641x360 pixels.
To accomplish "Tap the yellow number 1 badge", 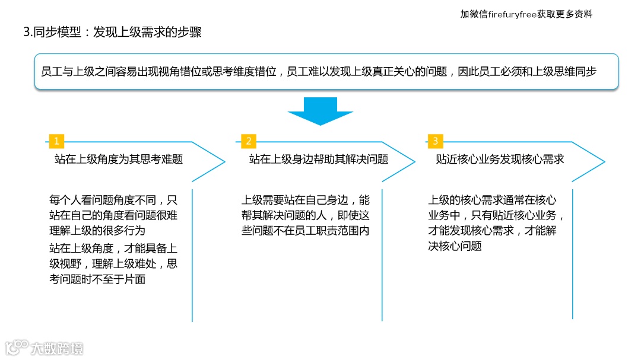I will pos(56,141).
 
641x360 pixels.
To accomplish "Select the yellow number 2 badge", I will pos(249,141).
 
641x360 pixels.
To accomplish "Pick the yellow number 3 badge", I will pos(435,141).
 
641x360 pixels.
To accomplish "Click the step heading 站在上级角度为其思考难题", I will pos(119,160).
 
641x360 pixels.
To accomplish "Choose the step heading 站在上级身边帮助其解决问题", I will pos(319,160).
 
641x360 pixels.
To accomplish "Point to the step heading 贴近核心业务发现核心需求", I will pos(500,160).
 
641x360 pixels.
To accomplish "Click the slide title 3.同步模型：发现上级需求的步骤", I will pos(112,32).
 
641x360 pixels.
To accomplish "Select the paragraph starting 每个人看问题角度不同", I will pos(113,215).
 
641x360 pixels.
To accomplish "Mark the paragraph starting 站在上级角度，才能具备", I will pos(113,263).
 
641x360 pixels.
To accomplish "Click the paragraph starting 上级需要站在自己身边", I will pos(305,215).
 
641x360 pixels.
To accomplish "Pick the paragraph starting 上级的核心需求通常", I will pos(493,223).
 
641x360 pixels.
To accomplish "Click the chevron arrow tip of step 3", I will pos(603,161).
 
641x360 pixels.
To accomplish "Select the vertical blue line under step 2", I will pos(382,255).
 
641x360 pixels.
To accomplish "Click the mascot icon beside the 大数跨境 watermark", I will pos(17,347).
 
